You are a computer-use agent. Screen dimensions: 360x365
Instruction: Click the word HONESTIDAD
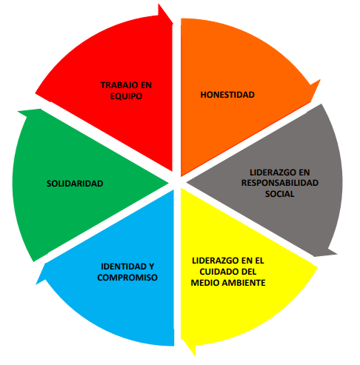point(227,95)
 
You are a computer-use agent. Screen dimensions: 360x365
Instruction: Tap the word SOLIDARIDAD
point(75,184)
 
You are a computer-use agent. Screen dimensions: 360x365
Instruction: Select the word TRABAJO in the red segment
point(117,85)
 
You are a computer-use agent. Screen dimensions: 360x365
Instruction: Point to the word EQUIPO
point(126,96)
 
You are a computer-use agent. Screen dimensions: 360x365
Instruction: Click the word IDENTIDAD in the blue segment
point(121,267)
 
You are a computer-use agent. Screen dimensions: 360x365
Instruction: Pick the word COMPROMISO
point(127,278)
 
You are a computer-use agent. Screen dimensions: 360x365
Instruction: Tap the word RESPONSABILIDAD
point(280,183)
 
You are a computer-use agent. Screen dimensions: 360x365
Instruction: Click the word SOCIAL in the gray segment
point(280,194)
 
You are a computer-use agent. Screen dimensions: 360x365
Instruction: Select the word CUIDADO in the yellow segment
point(216,272)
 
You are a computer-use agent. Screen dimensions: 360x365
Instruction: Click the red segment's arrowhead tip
point(173,24)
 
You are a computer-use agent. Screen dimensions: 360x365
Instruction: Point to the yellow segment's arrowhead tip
point(195,356)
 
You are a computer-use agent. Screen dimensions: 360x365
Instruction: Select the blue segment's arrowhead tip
point(36,284)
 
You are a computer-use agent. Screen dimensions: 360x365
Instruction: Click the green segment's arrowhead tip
point(18,112)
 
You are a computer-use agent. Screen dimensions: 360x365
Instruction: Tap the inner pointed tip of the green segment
point(169,183)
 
